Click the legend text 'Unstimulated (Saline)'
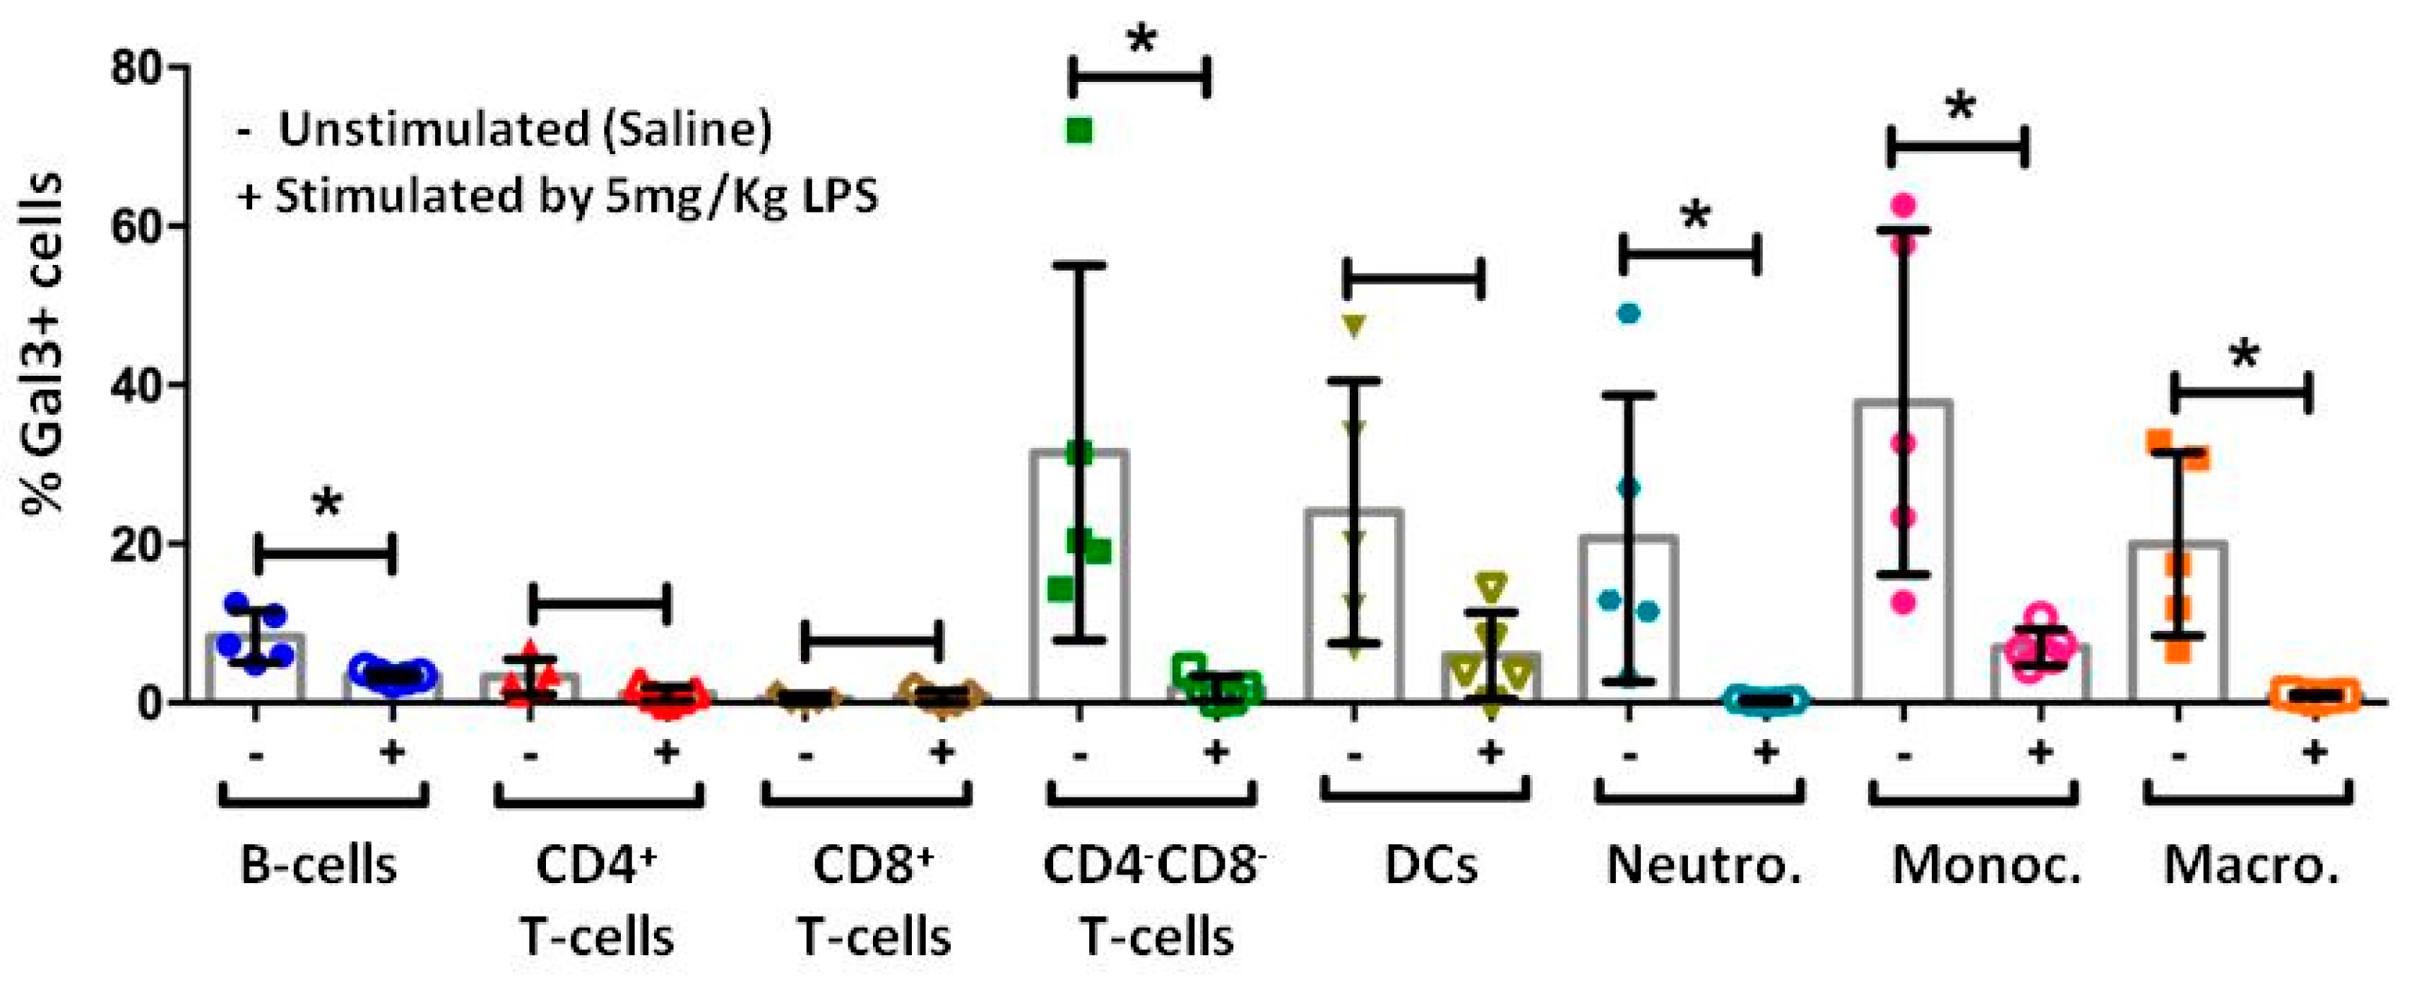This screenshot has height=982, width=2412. [x=524, y=130]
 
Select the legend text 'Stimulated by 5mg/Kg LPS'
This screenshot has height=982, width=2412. [x=576, y=196]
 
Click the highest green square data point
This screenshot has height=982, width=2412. [x=1080, y=131]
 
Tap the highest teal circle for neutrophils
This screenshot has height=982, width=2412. [x=1629, y=314]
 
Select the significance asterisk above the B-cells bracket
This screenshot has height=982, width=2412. [x=326, y=504]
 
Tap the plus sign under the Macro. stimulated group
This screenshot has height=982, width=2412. [x=2314, y=751]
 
